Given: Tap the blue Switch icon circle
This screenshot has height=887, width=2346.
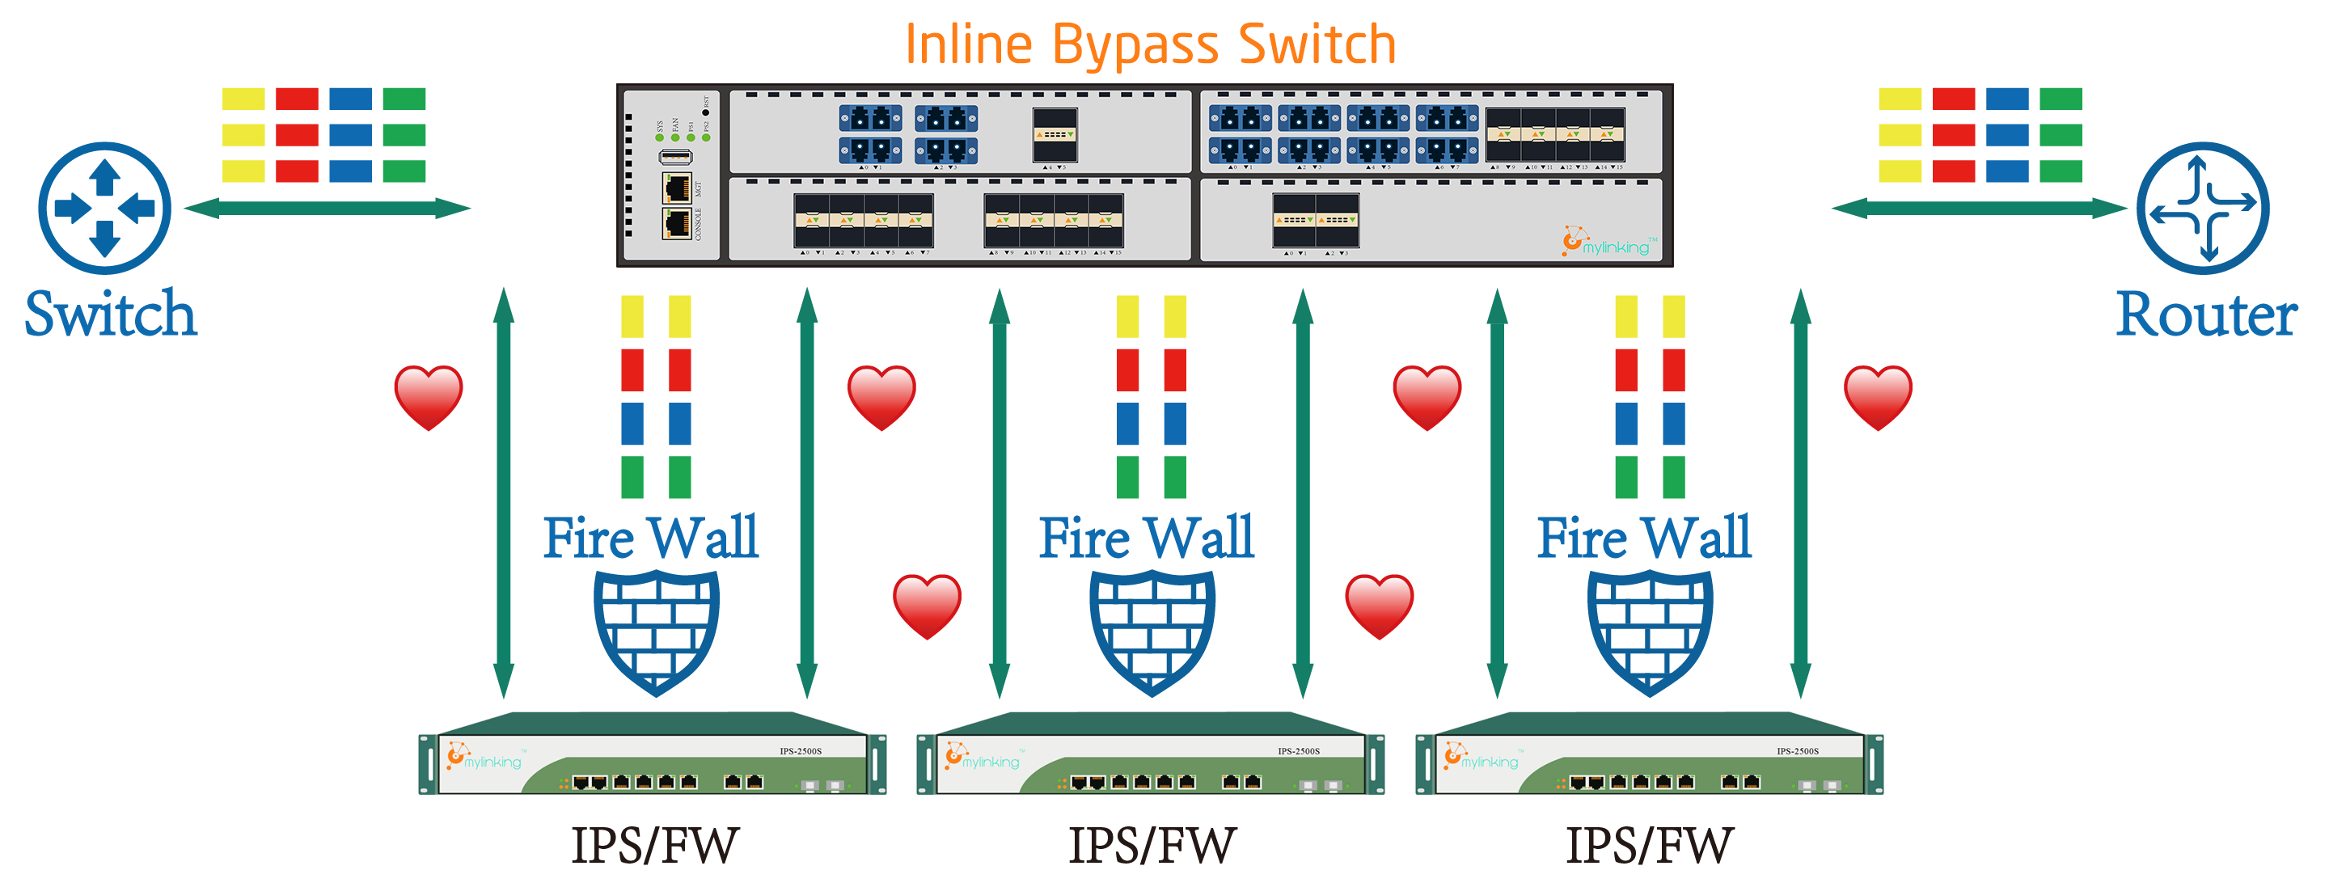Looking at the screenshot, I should tap(105, 208).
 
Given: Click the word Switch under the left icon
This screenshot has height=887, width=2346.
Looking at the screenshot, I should tap(110, 315).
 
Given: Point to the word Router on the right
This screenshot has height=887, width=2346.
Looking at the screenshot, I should tap(2206, 315).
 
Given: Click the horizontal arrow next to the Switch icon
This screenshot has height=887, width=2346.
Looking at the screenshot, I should tap(327, 209).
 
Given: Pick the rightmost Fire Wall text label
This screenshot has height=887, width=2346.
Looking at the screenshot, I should tap(1644, 538).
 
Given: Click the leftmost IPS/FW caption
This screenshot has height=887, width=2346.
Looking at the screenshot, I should tap(655, 845).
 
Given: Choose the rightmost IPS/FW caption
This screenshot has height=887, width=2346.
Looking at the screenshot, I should tap(1649, 845).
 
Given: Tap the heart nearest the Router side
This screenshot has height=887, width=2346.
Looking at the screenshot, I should tap(1878, 397).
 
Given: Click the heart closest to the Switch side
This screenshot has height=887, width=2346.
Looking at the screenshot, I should tap(428, 397).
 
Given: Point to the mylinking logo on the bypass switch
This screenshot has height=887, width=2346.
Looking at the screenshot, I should tap(1608, 243).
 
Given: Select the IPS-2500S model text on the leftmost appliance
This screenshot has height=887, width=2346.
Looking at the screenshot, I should tap(800, 751).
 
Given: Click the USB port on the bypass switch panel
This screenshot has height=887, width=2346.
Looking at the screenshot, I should tap(676, 157).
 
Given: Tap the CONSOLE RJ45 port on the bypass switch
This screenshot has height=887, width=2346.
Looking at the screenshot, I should tap(676, 223).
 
